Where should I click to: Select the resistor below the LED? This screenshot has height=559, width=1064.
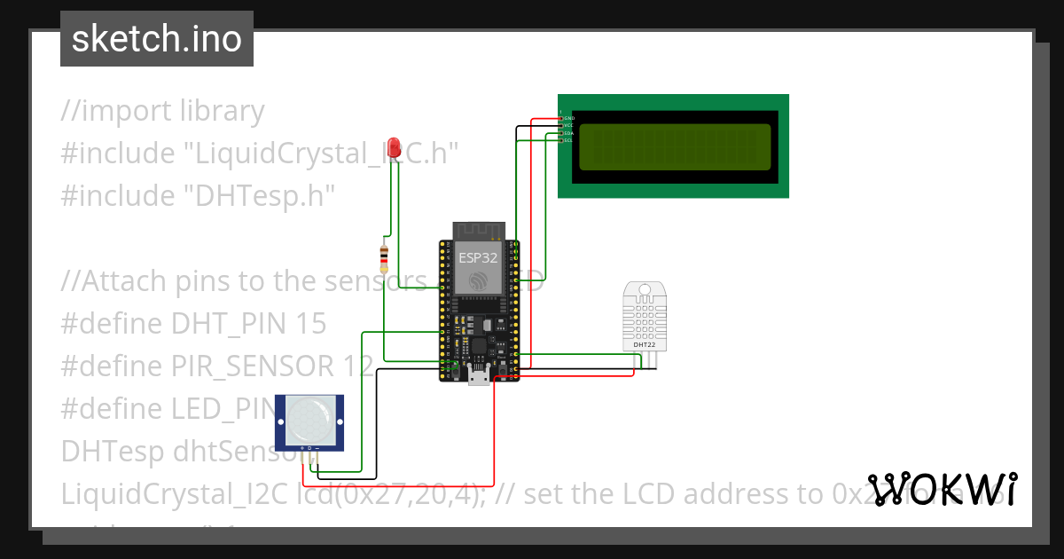(383, 259)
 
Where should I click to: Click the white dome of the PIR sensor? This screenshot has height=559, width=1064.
(309, 419)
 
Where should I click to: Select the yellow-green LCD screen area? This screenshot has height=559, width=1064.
(674, 146)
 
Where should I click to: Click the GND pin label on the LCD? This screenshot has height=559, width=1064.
(568, 118)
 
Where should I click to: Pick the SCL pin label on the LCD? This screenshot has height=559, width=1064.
(568, 140)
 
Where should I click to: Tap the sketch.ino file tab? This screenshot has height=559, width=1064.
(157, 39)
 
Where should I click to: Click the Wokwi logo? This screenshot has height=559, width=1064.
(943, 489)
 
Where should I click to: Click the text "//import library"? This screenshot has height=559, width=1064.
(162, 111)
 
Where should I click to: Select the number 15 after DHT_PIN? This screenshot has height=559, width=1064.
(310, 323)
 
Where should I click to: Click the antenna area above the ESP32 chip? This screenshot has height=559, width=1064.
(479, 230)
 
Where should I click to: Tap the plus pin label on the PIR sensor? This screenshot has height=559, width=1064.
(302, 449)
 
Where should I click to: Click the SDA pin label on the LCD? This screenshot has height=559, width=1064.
(568, 133)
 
